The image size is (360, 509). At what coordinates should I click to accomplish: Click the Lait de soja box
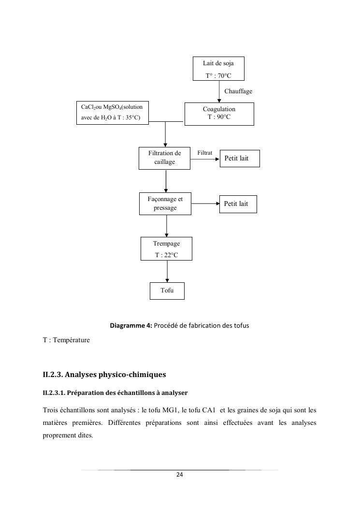[218, 68]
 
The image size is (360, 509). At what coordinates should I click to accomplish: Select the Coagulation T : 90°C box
[219, 114]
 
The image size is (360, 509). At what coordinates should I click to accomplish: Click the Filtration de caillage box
[164, 158]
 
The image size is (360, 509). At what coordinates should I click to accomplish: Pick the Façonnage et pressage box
[165, 204]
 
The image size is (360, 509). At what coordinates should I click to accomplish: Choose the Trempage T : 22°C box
[166, 249]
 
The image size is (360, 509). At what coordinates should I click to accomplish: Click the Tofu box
[167, 291]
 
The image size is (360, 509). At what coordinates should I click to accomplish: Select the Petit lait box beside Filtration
[239, 158]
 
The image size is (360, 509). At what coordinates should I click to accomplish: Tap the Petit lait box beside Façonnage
[237, 204]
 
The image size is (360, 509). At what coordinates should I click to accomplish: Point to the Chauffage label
[238, 91]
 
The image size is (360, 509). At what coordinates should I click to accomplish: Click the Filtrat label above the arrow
[205, 153]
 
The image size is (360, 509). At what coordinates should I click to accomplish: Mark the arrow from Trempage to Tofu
[167, 271]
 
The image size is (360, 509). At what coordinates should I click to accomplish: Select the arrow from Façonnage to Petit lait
[205, 204]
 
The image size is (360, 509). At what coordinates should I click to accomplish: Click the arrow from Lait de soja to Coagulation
[219, 91]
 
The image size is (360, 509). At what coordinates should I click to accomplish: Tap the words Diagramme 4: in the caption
[131, 325]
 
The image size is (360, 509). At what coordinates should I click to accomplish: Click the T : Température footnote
[66, 340]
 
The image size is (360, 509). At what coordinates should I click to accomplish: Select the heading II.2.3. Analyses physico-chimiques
[104, 374]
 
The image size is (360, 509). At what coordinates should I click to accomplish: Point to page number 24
[179, 475]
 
